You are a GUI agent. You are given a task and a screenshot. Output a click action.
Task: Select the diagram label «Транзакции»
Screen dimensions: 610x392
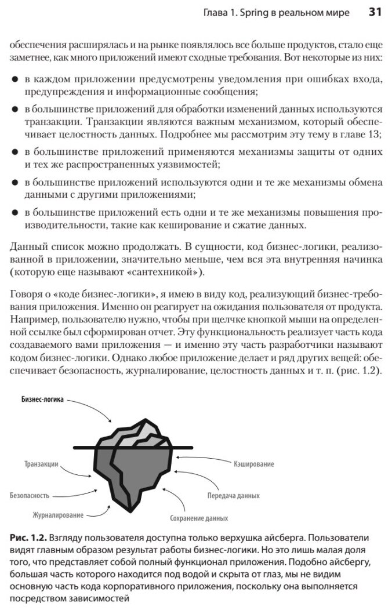pyautogui.click(x=41, y=464)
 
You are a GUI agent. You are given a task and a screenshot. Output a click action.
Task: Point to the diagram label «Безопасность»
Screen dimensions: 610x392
pyautogui.click(x=30, y=496)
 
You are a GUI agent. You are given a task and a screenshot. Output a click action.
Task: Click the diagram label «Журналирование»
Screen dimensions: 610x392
pyautogui.click(x=58, y=515)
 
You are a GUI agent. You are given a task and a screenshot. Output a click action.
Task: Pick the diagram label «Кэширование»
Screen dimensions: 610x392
pyautogui.click(x=254, y=464)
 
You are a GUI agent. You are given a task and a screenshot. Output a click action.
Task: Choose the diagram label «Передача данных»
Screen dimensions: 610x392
pyautogui.click(x=233, y=496)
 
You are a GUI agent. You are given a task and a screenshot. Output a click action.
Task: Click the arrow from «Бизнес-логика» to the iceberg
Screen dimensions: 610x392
pyautogui.click(x=99, y=415)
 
